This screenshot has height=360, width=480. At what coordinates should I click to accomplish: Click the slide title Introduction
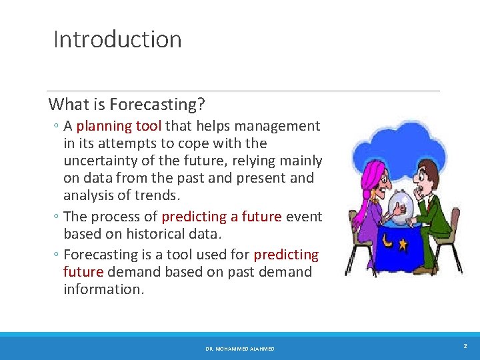click(117, 39)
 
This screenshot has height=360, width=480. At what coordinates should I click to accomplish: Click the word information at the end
click(103, 289)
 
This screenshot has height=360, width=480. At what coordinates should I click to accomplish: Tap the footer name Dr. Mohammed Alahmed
click(240, 349)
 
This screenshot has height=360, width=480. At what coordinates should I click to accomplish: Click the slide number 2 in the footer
click(465, 346)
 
